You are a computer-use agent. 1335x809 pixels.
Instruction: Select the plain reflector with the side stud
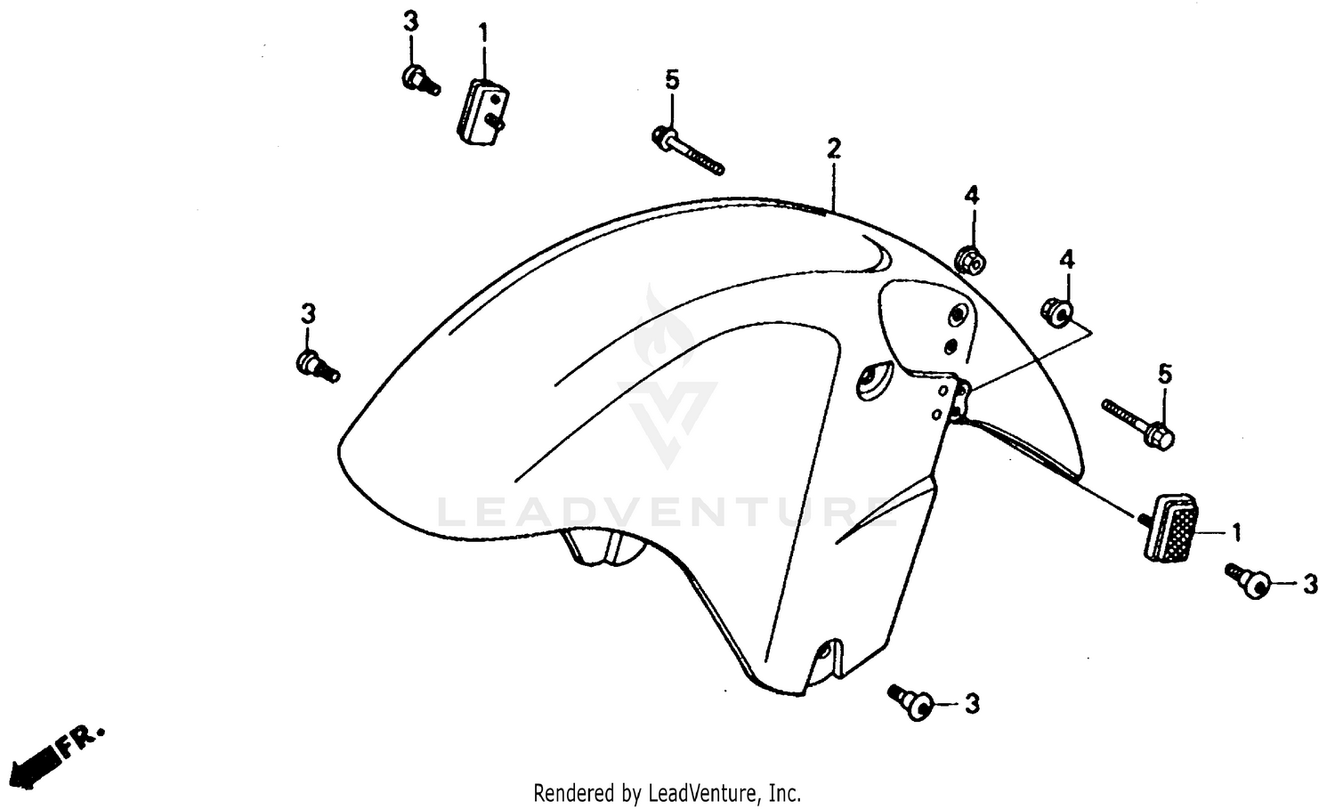click(x=481, y=111)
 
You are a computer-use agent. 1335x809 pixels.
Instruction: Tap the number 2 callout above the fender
click(x=833, y=148)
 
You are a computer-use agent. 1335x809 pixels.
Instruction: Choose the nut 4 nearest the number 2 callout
click(x=969, y=260)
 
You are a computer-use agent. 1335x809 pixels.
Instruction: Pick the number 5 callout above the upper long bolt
click(x=672, y=80)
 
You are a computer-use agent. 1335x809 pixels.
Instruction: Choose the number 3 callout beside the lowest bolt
click(x=972, y=704)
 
